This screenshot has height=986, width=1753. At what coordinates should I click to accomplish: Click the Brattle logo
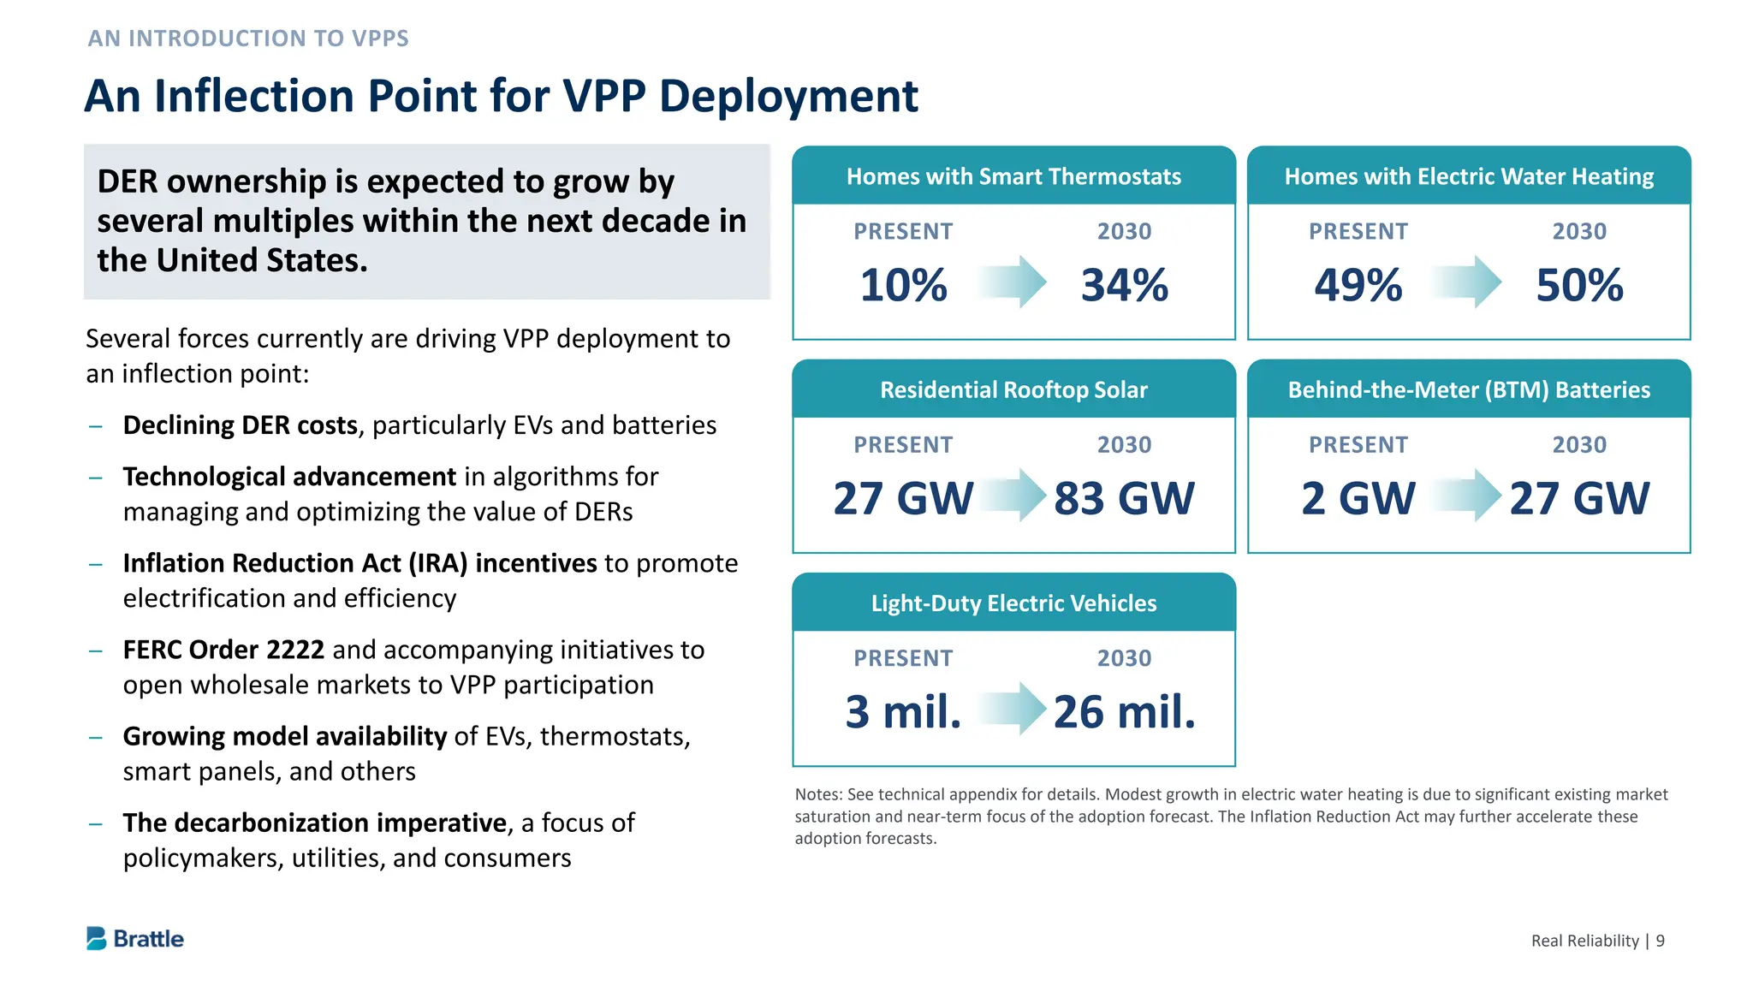tap(135, 939)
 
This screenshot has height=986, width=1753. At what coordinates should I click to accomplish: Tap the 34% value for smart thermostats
tap(1124, 285)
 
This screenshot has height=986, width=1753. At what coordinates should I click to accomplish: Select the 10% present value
tap(903, 285)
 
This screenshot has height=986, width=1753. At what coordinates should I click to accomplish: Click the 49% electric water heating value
tap(1358, 285)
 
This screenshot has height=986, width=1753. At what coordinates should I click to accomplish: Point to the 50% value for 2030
tap(1579, 285)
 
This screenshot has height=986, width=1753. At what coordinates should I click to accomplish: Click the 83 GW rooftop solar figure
tap(1124, 498)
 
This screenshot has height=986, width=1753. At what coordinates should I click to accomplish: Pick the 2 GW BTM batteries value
tap(1358, 498)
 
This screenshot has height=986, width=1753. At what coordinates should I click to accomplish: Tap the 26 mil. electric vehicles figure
tap(1124, 711)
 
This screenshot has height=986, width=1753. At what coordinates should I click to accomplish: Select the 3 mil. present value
tap(903, 711)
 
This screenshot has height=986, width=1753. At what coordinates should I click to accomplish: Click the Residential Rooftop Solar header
tap(1013, 390)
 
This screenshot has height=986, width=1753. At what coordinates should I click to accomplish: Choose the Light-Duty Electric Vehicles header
tap(1013, 603)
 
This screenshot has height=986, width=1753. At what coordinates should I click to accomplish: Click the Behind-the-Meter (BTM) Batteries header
tap(1469, 390)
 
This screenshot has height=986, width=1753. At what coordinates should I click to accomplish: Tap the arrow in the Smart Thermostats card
tap(1013, 282)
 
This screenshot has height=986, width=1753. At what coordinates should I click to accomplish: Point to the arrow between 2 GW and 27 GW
tap(1469, 495)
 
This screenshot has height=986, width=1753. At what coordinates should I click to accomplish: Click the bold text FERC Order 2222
tap(223, 650)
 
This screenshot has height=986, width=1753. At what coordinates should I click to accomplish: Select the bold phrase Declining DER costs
tap(241, 425)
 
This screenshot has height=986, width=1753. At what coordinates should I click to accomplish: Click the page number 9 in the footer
tap(1661, 941)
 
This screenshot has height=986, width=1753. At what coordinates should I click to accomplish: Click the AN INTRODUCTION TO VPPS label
tap(248, 39)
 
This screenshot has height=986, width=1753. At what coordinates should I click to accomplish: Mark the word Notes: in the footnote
tap(818, 794)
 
